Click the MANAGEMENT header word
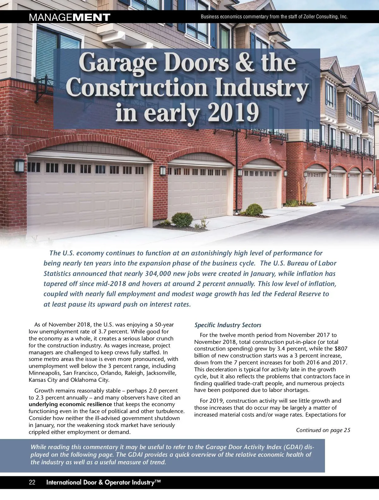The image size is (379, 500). click(69, 17)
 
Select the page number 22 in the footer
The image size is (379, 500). click(32, 482)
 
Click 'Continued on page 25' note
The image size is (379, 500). click(323, 430)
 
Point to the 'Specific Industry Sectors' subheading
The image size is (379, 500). click(228, 325)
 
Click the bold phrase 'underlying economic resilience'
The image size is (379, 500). click(70, 404)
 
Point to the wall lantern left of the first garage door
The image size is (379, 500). click(19, 166)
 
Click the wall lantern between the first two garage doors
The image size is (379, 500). click(163, 171)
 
